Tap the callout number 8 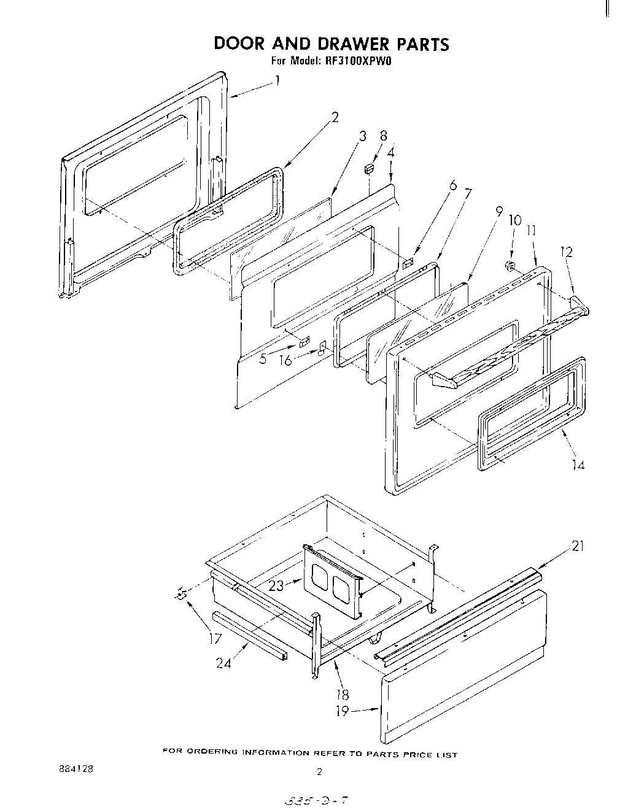pos(384,136)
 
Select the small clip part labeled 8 pos(369,168)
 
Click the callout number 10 pos(514,220)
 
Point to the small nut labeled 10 pos(509,266)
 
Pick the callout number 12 pos(566,252)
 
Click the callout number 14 pos(577,465)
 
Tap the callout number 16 pos(285,360)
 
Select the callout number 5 pos(263,358)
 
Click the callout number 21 pos(578,546)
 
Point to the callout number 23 pos(276,586)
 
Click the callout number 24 pos(223,663)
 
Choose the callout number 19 pos(342,711)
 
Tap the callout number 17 pos(214,638)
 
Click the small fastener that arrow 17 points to pos(180,593)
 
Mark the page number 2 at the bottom pos(319,773)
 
